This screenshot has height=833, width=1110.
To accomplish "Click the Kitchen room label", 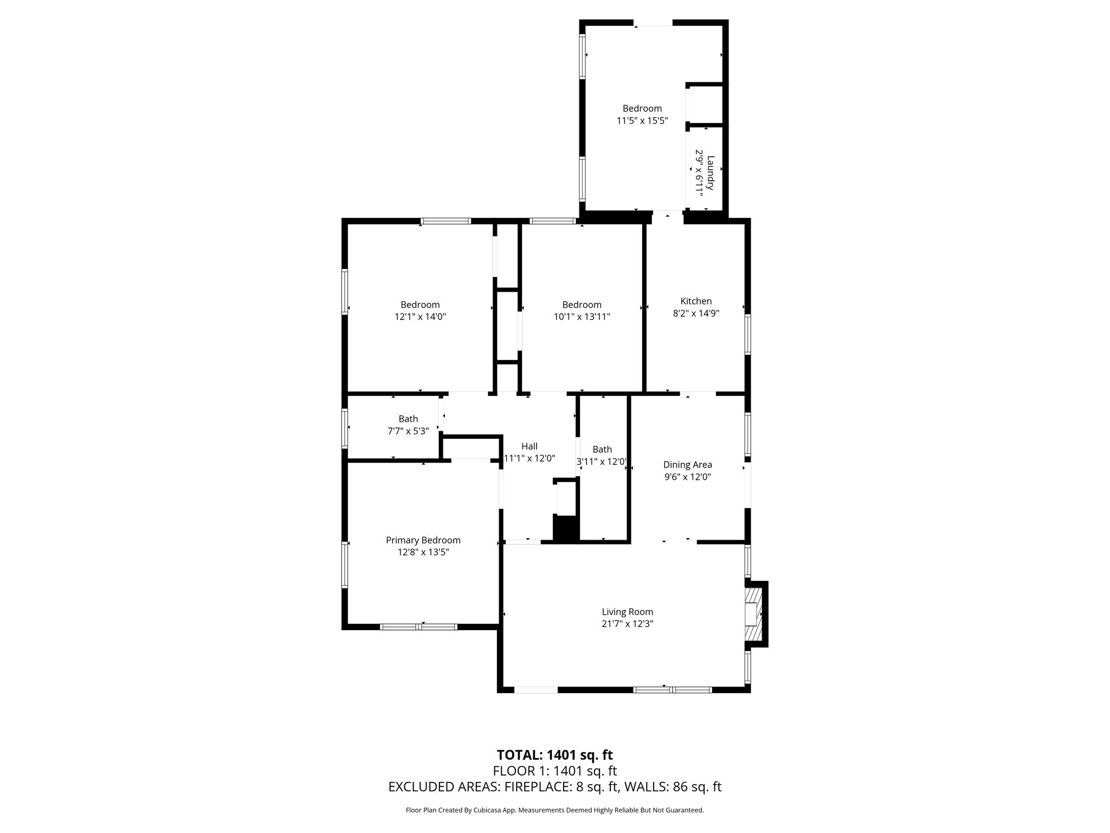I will click(x=696, y=301).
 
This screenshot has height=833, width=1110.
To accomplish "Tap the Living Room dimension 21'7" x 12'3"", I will click(x=627, y=624).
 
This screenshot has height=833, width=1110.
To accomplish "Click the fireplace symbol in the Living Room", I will click(x=753, y=614).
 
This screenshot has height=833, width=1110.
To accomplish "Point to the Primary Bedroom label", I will click(x=423, y=540).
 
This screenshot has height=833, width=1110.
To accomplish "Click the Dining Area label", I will click(x=687, y=465).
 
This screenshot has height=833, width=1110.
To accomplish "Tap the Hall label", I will click(x=529, y=446).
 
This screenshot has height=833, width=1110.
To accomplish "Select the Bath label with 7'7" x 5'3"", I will click(x=408, y=419).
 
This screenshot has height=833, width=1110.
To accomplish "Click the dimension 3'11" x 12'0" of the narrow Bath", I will click(x=602, y=462).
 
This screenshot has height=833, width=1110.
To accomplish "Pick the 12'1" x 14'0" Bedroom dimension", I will click(x=420, y=317).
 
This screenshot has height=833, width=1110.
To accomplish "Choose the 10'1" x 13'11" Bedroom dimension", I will click(x=582, y=317).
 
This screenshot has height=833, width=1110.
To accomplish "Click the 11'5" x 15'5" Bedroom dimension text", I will click(x=642, y=120).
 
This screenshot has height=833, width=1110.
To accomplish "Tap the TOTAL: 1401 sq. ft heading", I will click(x=554, y=755).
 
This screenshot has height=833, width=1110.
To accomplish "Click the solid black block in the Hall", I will click(x=566, y=528).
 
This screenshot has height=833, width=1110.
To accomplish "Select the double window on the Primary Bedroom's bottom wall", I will click(x=418, y=627).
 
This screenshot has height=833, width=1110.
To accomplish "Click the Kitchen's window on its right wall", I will click(x=747, y=334).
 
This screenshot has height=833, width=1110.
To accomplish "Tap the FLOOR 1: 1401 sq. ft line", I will click(x=554, y=771).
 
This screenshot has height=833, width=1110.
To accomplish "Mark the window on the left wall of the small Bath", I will click(x=345, y=428).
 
